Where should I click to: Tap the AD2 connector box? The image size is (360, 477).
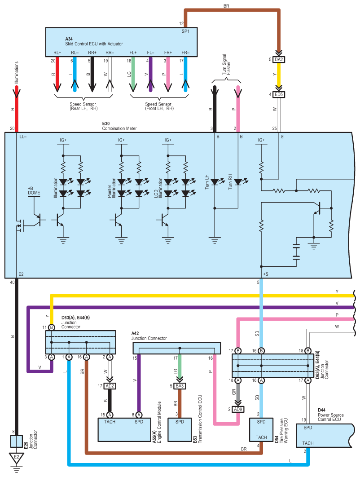[x=110, y=385]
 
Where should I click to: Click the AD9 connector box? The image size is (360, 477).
[x=238, y=409]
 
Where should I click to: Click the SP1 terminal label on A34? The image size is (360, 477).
[x=185, y=31]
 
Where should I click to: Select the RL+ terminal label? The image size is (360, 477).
[x=57, y=52]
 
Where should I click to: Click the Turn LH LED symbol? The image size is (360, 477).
[x=214, y=182]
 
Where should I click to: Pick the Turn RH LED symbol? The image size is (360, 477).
[x=238, y=182]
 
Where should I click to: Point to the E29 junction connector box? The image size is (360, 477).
[x=17, y=441]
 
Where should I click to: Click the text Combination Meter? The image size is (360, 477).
[x=119, y=128]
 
